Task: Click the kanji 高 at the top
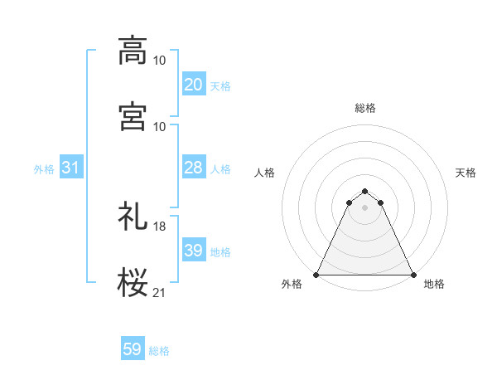133,51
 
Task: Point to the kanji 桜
133,282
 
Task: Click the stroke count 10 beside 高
159,61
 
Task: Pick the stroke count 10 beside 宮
159,126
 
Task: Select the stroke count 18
159,227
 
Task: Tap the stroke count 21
159,292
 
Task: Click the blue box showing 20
193,85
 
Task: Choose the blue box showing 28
193,168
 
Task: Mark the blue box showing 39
193,251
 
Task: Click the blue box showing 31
70,168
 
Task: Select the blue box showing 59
133,349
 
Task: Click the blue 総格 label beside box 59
159,351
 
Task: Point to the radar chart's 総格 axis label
365,108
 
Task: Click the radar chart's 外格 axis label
292,285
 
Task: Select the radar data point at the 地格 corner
413,274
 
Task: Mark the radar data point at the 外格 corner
316,274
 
